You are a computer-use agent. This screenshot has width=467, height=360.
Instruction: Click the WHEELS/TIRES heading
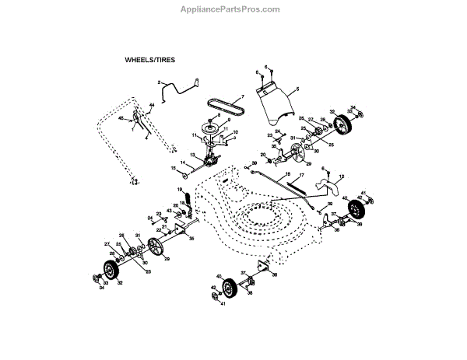151,59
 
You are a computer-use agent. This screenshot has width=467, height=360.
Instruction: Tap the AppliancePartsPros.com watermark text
233,9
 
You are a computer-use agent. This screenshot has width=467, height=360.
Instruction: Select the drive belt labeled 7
221,107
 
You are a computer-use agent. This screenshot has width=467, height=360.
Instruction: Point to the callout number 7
242,96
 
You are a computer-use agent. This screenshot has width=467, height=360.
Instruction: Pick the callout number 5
296,90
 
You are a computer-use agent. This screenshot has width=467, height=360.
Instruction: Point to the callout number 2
160,82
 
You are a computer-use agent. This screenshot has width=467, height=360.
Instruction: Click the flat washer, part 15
184,168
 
